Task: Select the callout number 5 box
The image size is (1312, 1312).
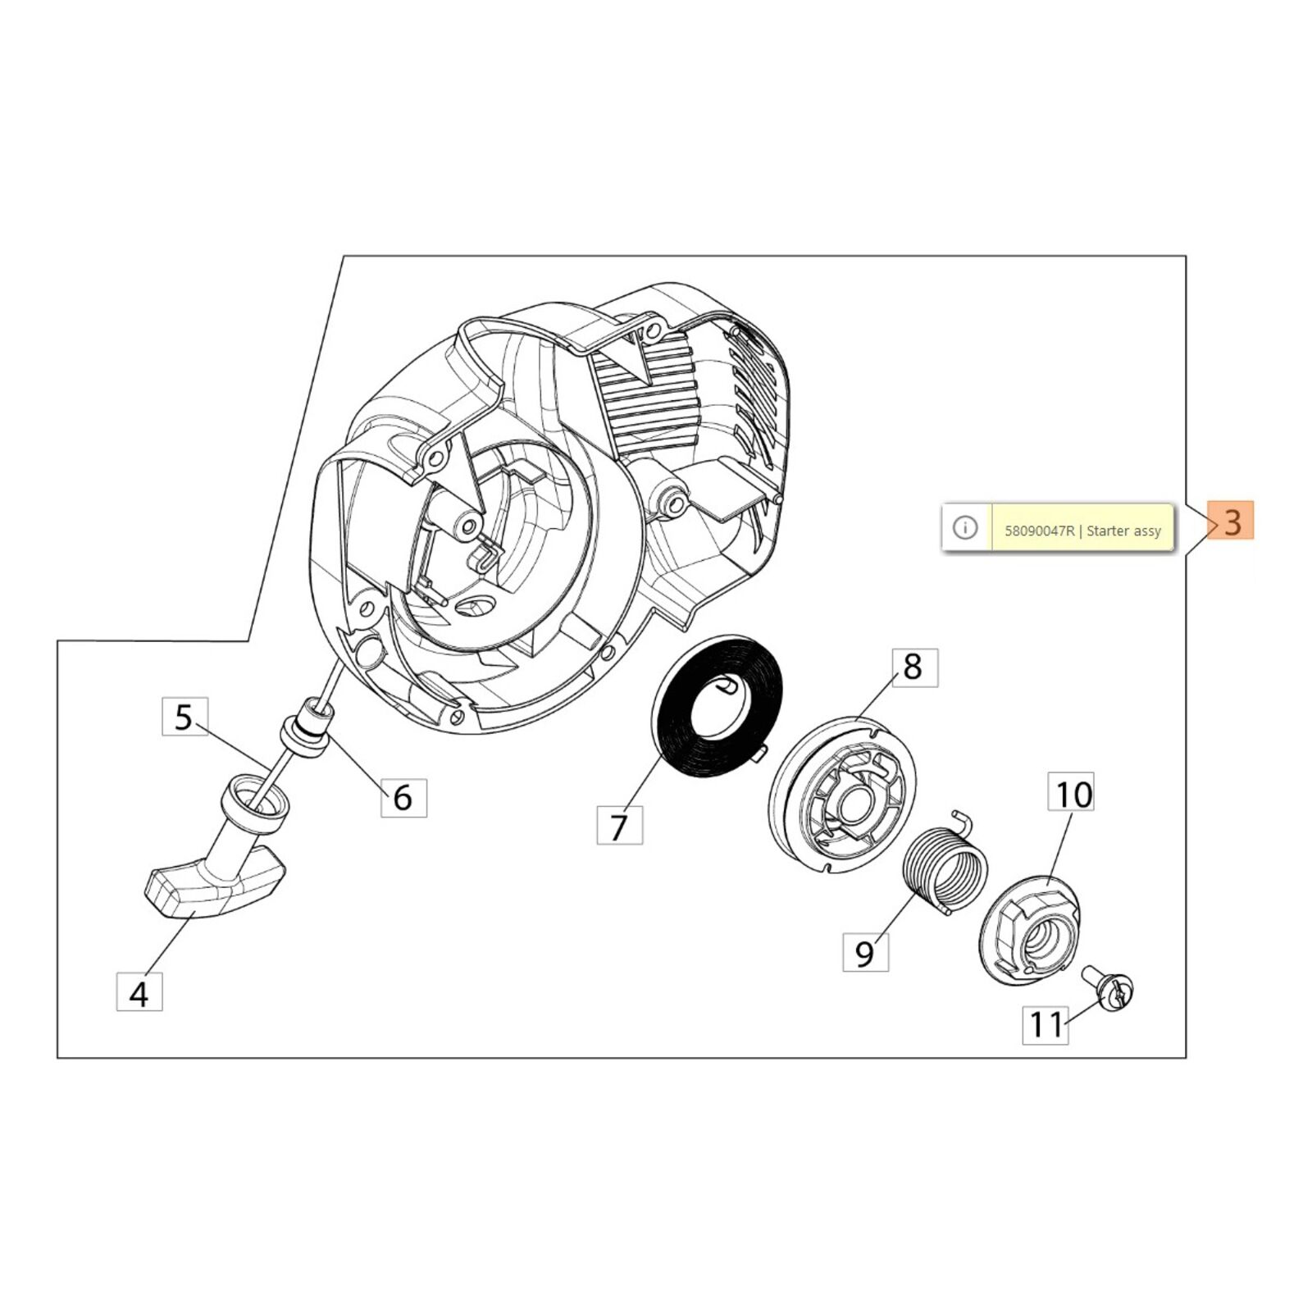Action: (x=184, y=717)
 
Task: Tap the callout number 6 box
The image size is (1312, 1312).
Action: (x=403, y=796)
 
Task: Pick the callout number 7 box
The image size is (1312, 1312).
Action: (x=619, y=825)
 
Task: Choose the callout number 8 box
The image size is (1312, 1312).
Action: (x=913, y=667)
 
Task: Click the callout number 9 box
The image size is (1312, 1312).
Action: (x=866, y=953)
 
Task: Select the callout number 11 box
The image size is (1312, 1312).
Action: (x=1046, y=1024)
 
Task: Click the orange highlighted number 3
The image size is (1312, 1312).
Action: (x=1232, y=521)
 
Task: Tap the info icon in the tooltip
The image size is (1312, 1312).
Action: (x=966, y=527)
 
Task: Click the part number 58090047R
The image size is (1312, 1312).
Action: (x=1039, y=531)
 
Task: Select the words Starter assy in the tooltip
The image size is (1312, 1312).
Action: (x=1124, y=531)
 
